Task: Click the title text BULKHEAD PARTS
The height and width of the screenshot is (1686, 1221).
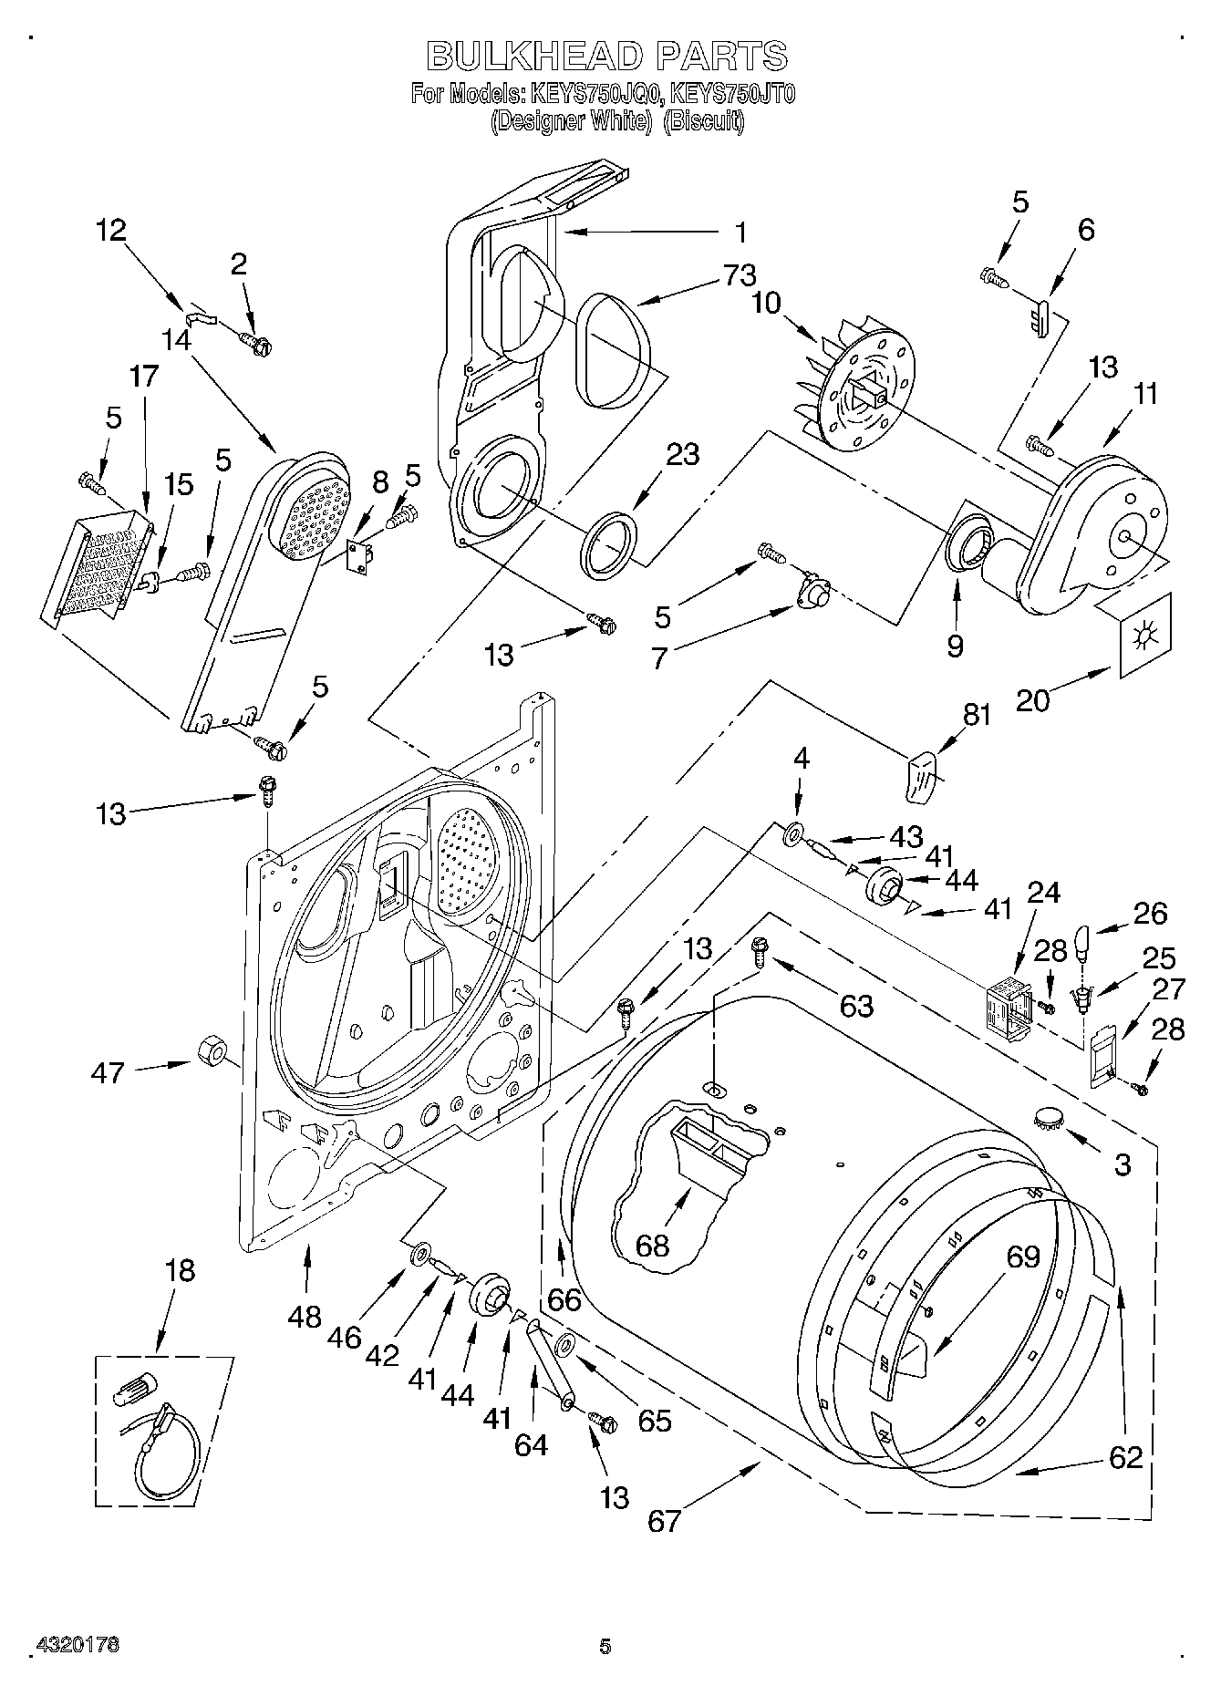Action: [606, 57]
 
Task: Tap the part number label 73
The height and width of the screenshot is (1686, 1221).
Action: [740, 274]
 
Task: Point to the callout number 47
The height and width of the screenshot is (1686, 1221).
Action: [108, 1072]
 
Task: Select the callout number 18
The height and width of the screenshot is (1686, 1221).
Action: [181, 1270]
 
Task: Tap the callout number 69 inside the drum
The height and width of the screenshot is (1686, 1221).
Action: [1022, 1257]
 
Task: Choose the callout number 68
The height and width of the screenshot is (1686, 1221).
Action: [653, 1246]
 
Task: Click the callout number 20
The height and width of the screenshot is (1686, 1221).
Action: [1032, 699]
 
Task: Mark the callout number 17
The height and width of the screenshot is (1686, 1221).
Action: [143, 375]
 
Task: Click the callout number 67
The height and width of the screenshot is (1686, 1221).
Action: [665, 1520]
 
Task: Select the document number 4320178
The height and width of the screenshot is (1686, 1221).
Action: [78, 1645]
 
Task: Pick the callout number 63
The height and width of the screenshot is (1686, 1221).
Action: [856, 1006]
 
